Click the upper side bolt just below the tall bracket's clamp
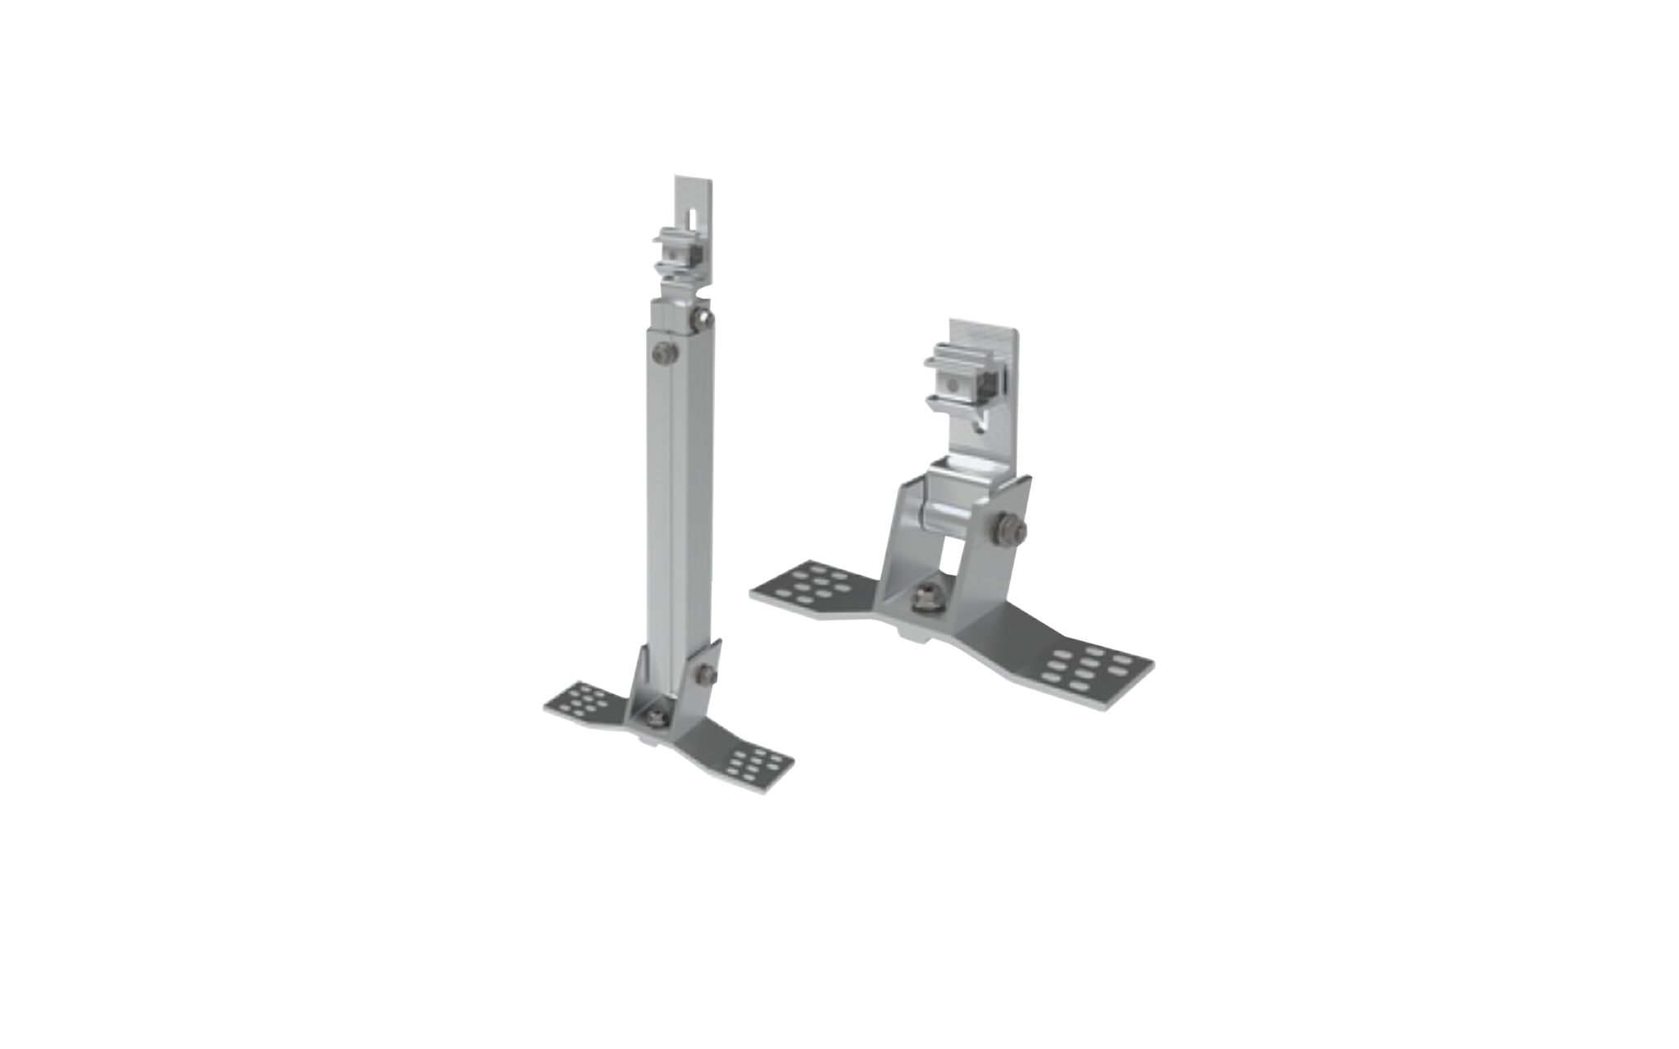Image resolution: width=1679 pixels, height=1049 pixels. point(700,318)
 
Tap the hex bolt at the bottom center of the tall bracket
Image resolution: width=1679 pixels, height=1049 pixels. point(656,715)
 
